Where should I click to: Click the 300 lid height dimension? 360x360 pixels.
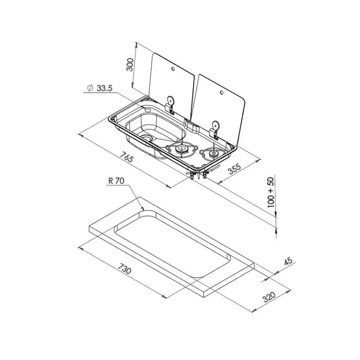tap(130, 65)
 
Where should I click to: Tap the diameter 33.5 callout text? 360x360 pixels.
tap(100, 88)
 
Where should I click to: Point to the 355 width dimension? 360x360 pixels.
tap(234, 169)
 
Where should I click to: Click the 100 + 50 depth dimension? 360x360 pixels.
tap(271, 193)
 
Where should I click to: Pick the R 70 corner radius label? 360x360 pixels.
tap(116, 181)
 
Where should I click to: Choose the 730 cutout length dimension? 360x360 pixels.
tap(125, 267)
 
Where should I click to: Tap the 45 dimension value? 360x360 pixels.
tap(288, 261)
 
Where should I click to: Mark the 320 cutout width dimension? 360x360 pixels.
tap(269, 297)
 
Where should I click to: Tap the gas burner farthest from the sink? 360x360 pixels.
tap(213, 153)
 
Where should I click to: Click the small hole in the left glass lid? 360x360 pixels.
tap(173, 69)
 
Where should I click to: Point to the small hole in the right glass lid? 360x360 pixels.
tap(221, 92)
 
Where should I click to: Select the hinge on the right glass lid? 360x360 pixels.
tap(215, 130)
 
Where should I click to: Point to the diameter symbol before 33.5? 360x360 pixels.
tap(90, 88)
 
